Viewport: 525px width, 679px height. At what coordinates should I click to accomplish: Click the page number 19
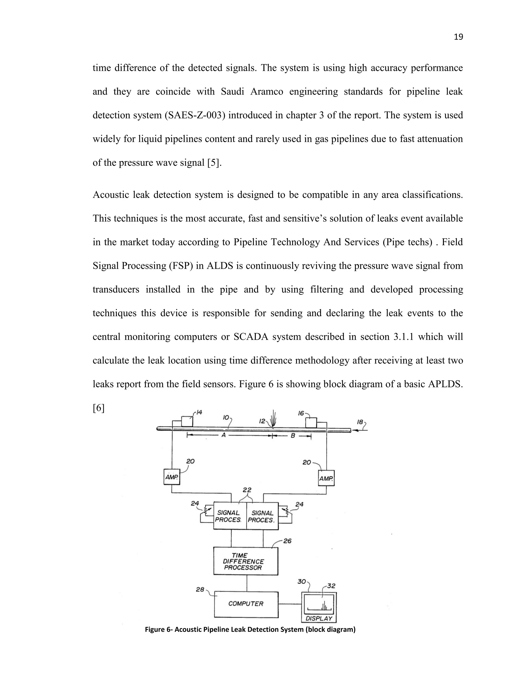click(x=458, y=37)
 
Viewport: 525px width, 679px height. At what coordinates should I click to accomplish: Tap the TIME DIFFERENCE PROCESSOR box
click(x=246, y=561)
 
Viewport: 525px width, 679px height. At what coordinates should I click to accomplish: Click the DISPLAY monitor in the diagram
click(x=319, y=606)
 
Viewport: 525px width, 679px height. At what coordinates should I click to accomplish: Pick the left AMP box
click(x=172, y=477)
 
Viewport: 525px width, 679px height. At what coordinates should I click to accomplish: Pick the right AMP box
click(x=326, y=478)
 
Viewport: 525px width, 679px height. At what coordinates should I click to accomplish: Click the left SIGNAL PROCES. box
click(x=229, y=516)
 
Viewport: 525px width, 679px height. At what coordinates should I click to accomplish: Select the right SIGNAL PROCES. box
click(x=262, y=516)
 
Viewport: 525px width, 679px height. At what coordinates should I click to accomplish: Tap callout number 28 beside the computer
click(x=200, y=589)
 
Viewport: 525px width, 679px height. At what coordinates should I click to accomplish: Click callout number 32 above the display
click(x=331, y=586)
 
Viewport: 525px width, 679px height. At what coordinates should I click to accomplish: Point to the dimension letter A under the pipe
click(x=223, y=435)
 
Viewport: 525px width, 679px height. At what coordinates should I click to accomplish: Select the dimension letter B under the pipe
click(x=293, y=436)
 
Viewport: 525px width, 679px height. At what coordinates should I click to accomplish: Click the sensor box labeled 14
click(x=187, y=421)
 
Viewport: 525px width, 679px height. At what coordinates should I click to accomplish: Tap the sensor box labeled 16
click(x=311, y=423)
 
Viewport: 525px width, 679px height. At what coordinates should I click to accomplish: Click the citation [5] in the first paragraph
click(x=214, y=163)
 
